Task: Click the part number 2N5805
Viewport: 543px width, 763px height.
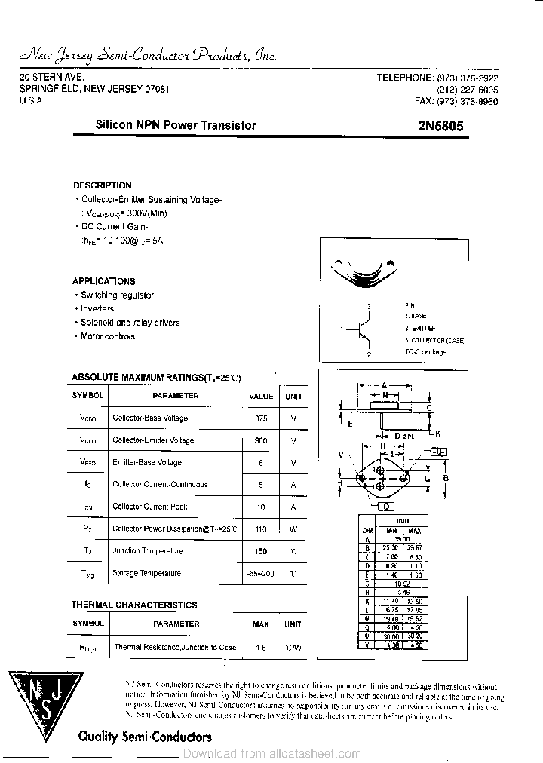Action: point(440,126)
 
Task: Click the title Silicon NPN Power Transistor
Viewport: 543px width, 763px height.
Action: point(175,126)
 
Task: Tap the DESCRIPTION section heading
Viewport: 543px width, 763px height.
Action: point(102,185)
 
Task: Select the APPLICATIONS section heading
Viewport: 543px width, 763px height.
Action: point(104,281)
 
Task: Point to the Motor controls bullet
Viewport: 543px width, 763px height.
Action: point(107,336)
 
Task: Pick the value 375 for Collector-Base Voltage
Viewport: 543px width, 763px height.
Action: point(261,418)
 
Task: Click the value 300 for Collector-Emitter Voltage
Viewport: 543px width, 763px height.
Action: point(261,440)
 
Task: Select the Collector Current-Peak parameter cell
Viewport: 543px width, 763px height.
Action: point(149,507)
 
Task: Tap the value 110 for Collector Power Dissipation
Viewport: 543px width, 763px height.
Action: point(261,529)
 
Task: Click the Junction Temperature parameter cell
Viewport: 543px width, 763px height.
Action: point(147,551)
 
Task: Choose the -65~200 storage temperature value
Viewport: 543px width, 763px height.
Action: point(261,574)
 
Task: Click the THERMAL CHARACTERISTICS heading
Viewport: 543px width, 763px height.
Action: point(133,605)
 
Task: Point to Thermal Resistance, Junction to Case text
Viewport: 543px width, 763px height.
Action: point(174,647)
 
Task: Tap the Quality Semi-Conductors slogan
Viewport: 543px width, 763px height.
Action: point(145,737)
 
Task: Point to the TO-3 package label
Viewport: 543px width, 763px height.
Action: point(425,352)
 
